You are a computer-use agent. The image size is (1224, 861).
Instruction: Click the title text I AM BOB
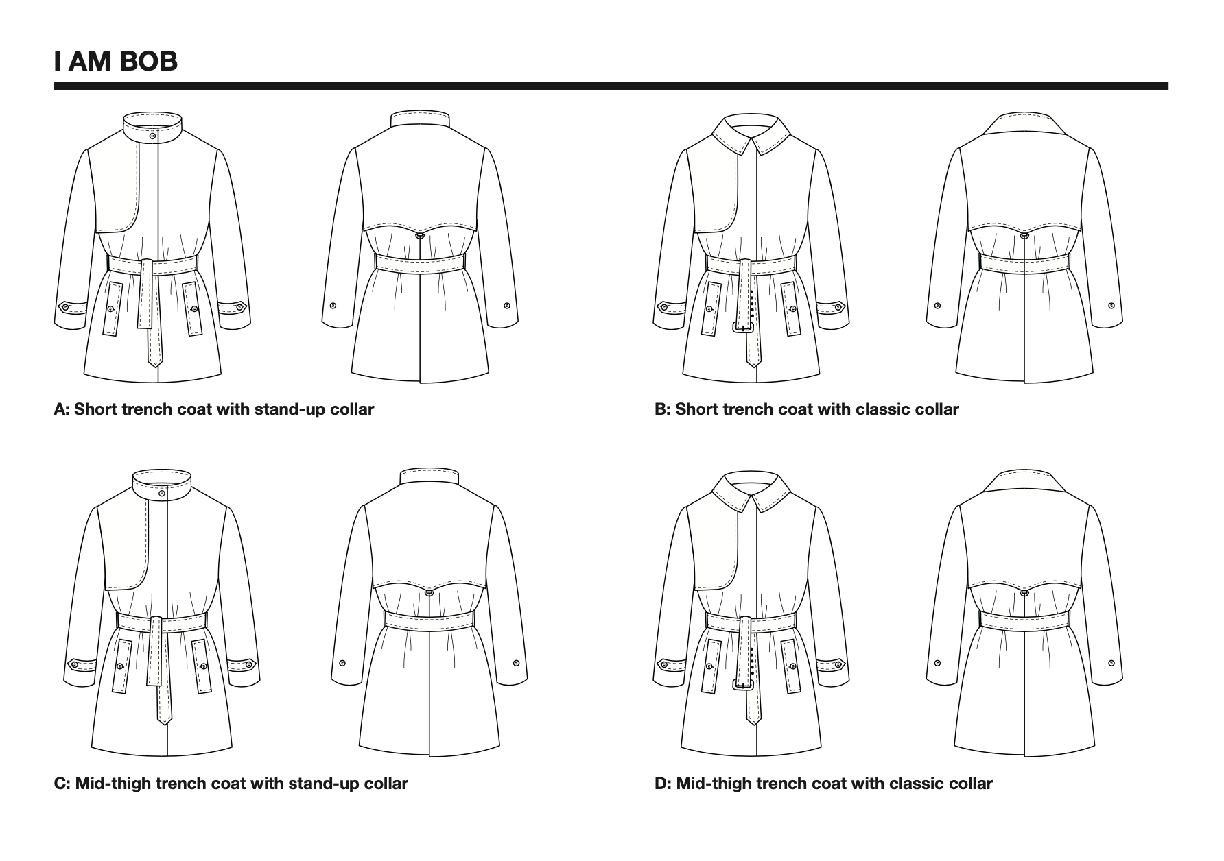point(115,61)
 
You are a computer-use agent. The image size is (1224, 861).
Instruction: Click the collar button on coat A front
point(152,136)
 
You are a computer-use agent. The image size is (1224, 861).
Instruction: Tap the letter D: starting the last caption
point(662,784)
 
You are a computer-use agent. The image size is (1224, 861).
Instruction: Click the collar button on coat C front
point(162,493)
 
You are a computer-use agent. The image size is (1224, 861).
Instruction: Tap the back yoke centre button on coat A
point(419,236)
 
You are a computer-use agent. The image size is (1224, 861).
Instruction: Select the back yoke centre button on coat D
point(1024,592)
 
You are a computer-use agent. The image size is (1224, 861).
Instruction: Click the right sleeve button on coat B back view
point(1111,306)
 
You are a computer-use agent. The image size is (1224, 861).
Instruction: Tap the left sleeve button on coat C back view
point(342,663)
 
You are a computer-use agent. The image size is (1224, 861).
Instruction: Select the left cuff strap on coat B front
point(670,307)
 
